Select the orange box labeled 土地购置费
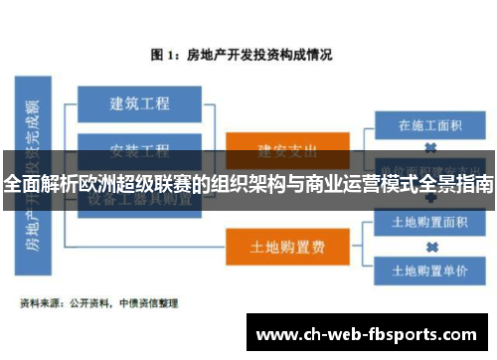273,245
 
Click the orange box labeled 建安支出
273,150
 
